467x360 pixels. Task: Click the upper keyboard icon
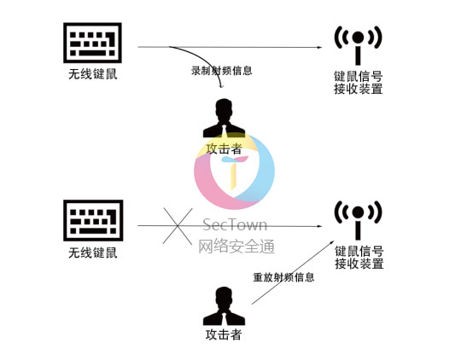pyautogui.click(x=92, y=43)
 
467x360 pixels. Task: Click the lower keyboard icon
pyautogui.click(x=93, y=220)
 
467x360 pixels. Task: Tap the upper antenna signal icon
pyautogui.click(x=358, y=45)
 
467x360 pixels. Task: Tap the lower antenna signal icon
pyautogui.click(x=358, y=220)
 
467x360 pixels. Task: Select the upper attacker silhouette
pyautogui.click(x=224, y=118)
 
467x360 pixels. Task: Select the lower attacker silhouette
pyautogui.click(x=224, y=306)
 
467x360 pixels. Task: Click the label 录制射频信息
pyautogui.click(x=222, y=71)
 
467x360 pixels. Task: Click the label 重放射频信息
pyautogui.click(x=283, y=277)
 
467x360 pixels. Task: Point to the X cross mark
pyautogui.click(x=178, y=226)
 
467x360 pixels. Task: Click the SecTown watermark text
pyautogui.click(x=235, y=225)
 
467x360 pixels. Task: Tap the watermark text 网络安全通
pyautogui.click(x=236, y=247)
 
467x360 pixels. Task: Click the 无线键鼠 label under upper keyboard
pyautogui.click(x=93, y=74)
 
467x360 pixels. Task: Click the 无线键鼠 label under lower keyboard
pyautogui.click(x=93, y=253)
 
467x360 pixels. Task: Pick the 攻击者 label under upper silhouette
pyautogui.click(x=224, y=148)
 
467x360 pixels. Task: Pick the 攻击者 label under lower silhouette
pyautogui.click(x=224, y=334)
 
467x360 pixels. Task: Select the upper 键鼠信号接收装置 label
pyautogui.click(x=359, y=83)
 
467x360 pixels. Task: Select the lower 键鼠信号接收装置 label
pyautogui.click(x=359, y=258)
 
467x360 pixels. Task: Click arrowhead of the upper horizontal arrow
pyautogui.click(x=320, y=47)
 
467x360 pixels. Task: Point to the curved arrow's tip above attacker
pyautogui.click(x=221, y=87)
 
